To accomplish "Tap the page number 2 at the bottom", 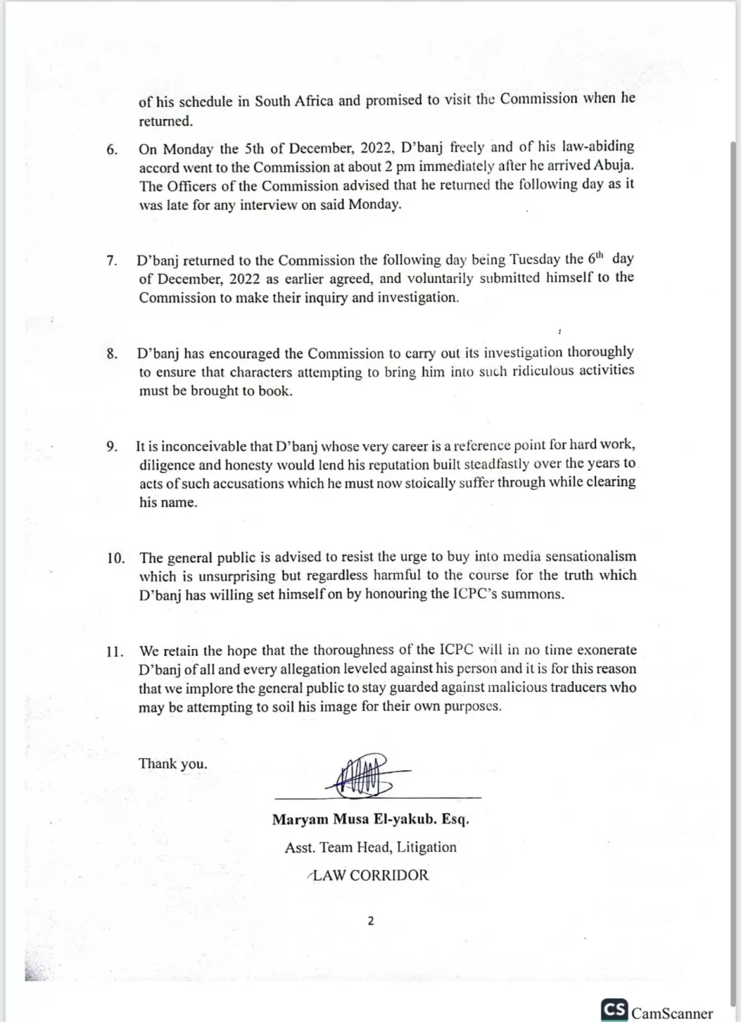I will coord(370,921).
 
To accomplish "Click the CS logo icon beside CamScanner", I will coord(614,1010).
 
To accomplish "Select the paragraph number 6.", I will coord(112,149).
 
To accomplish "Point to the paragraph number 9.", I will coord(112,446).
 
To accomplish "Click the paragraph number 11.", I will coord(114,651).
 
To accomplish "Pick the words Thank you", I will coord(173,763).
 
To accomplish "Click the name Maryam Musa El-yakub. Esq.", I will coord(370,820).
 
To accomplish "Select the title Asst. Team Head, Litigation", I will coord(370,847).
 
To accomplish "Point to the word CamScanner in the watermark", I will coord(672,1013).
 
